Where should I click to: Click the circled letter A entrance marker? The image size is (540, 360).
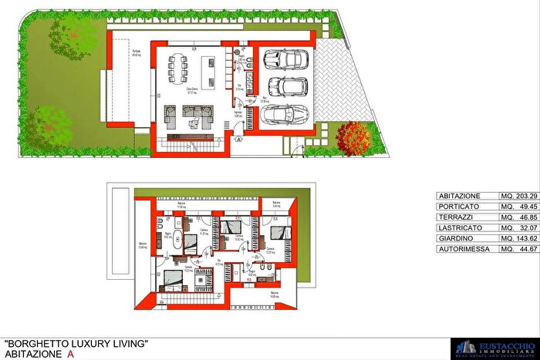pyautogui.click(x=240, y=140)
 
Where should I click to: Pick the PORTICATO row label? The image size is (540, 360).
pyautogui.click(x=459, y=207)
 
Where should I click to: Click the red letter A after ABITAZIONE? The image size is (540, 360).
pyautogui.click(x=71, y=353)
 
